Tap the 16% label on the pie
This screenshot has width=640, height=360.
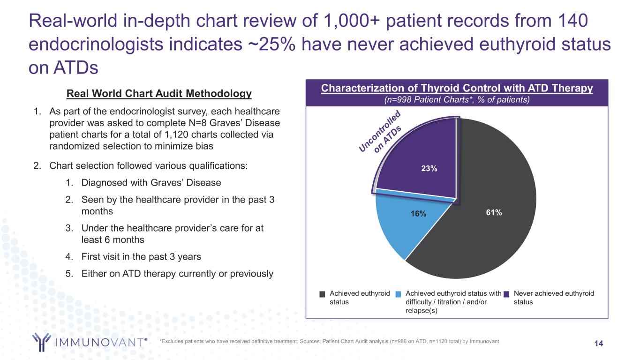point(419,214)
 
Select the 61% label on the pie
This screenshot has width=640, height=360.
point(494,212)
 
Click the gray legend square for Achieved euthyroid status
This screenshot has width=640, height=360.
point(322,294)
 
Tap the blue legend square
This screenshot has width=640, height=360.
point(399,294)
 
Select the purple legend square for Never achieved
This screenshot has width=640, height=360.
point(506,294)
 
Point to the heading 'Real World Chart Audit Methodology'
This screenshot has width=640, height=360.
point(159,94)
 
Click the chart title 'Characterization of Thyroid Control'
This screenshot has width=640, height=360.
point(457,88)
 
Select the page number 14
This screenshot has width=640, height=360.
point(599,344)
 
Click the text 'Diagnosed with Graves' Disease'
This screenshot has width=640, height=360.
point(151,182)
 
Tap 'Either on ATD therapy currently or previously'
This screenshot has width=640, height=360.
point(177,273)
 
